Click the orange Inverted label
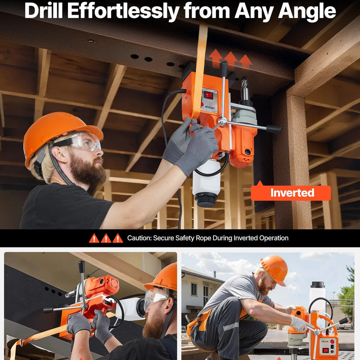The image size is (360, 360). point(291,193)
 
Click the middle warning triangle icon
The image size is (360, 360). point(106,238)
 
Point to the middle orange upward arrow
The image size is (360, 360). point(230,60)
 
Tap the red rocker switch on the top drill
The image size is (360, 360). point(208,94)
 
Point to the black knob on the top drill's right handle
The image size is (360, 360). point(274,129)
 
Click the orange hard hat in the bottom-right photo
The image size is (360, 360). point(274,269)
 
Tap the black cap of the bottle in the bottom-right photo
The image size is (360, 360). point(318,285)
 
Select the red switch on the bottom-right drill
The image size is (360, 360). point(325,351)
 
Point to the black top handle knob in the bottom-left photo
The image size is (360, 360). point(81,266)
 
